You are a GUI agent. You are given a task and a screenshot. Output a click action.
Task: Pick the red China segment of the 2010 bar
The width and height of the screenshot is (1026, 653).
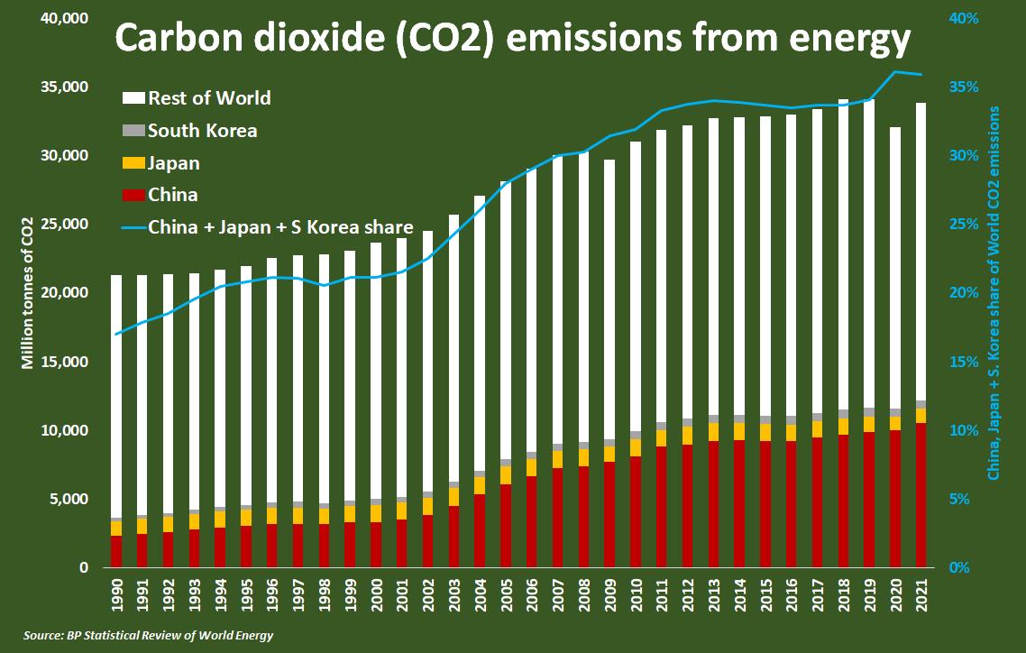(637, 511)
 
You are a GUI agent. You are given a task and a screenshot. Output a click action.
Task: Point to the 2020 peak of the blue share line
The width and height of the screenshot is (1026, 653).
(895, 72)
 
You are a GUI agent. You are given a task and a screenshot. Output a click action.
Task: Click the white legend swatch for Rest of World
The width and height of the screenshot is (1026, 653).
(132, 97)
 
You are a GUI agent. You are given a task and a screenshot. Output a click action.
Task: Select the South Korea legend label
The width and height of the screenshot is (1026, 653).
(202, 131)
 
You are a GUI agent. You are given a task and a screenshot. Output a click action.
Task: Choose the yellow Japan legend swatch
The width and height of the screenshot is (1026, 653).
(132, 163)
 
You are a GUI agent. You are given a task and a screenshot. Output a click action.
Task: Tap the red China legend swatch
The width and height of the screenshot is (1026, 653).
(132, 195)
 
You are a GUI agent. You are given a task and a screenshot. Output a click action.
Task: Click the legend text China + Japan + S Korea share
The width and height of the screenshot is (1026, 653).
(280, 226)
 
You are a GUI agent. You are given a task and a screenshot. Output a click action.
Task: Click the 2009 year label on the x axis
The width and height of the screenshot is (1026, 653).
(610, 593)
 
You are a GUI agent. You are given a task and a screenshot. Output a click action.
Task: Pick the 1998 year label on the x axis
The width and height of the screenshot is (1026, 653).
(325, 593)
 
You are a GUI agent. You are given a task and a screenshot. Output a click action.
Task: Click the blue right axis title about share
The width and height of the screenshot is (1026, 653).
(994, 293)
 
